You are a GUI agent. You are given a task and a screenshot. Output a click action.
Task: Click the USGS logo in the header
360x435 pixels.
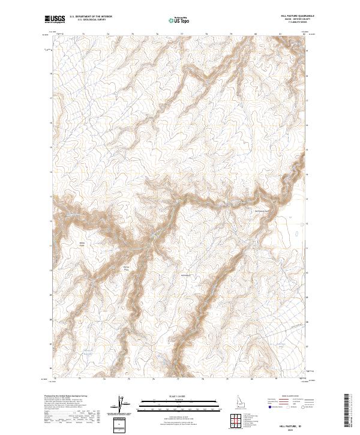click(54, 19)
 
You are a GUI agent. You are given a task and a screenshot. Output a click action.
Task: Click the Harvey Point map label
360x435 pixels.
click(126, 268)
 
